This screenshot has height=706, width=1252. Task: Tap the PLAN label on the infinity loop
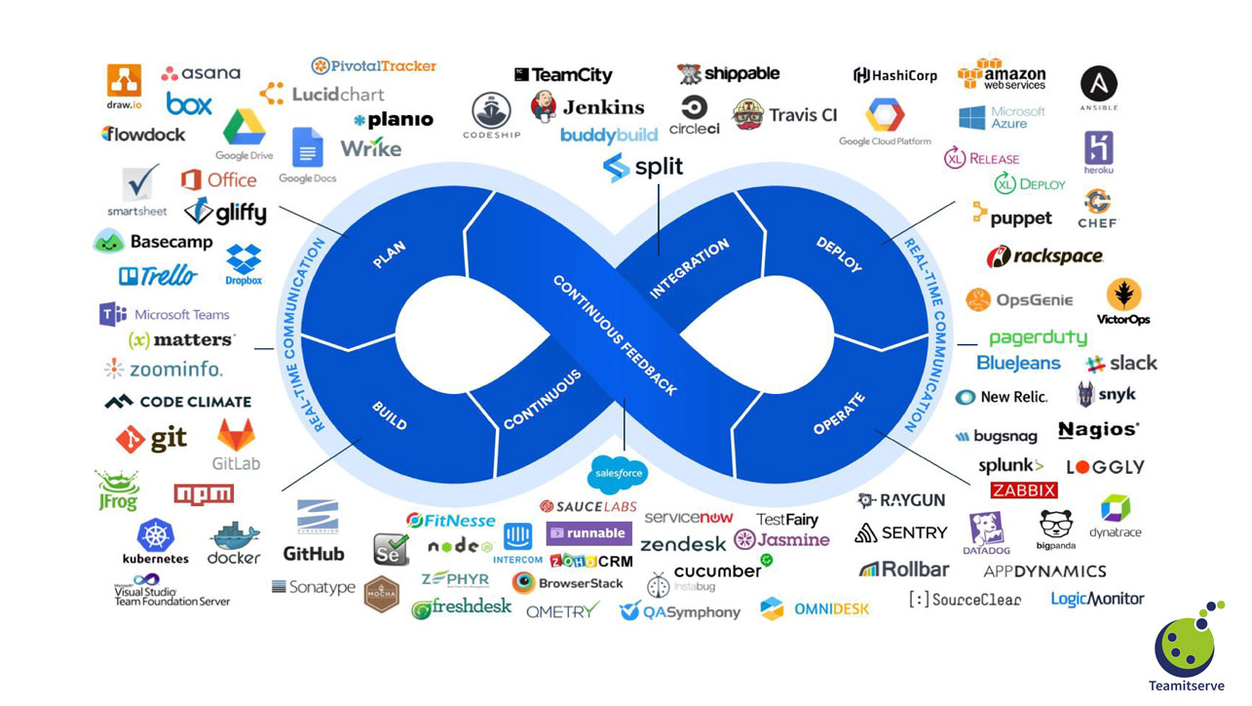click(x=389, y=255)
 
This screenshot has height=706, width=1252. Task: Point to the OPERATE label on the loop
click(x=839, y=414)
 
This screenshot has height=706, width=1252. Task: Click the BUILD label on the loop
click(x=389, y=414)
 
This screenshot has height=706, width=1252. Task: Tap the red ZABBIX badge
click(x=1023, y=490)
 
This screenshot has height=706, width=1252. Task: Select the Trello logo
click(x=157, y=276)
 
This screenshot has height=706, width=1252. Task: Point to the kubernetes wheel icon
click(x=155, y=534)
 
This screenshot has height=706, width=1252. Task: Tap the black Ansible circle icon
click(x=1098, y=84)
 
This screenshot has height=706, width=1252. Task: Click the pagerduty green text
click(x=1038, y=337)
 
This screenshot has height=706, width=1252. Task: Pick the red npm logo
click(x=204, y=493)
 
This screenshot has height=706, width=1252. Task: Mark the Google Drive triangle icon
click(x=244, y=129)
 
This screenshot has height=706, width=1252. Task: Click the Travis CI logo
click(x=784, y=114)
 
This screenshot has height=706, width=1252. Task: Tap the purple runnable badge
click(x=588, y=533)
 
